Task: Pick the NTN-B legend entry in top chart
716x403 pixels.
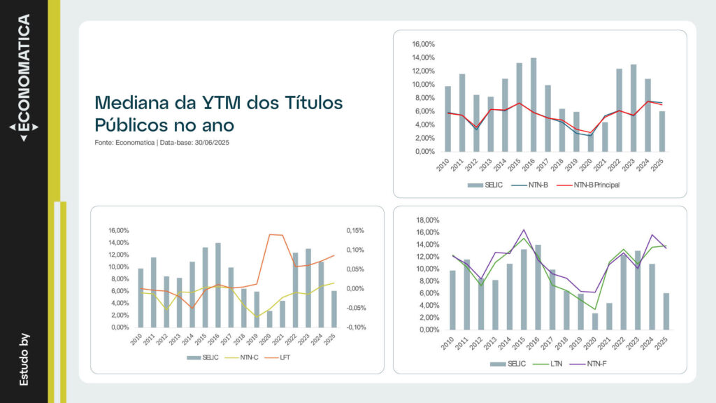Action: (x=535, y=185)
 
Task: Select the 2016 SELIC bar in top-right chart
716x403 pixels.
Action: (x=534, y=105)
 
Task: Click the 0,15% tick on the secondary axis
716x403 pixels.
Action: (x=356, y=230)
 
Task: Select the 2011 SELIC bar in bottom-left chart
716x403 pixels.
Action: (x=153, y=292)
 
